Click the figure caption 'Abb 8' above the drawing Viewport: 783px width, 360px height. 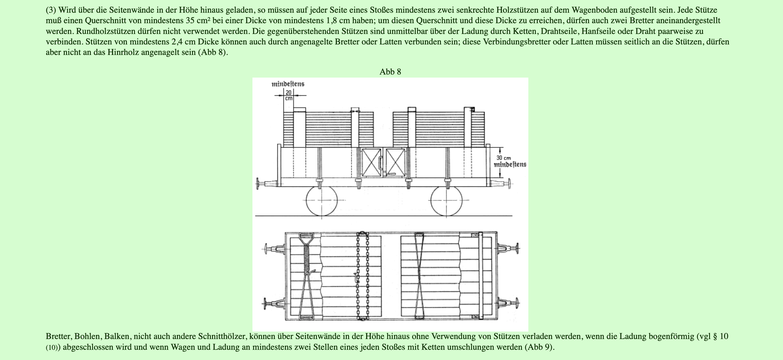coord(390,72)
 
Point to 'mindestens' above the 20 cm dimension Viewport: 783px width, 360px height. coord(288,84)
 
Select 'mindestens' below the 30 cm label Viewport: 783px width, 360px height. coord(510,165)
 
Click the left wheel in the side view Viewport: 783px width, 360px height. coord(322,201)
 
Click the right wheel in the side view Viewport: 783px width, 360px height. coord(446,201)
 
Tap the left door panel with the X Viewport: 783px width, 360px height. coord(371,163)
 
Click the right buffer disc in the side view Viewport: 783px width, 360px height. coord(509,184)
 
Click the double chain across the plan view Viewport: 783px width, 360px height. coord(362,276)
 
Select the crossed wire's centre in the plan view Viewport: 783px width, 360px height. coord(419,276)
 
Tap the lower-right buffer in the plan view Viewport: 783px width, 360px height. coord(508,303)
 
